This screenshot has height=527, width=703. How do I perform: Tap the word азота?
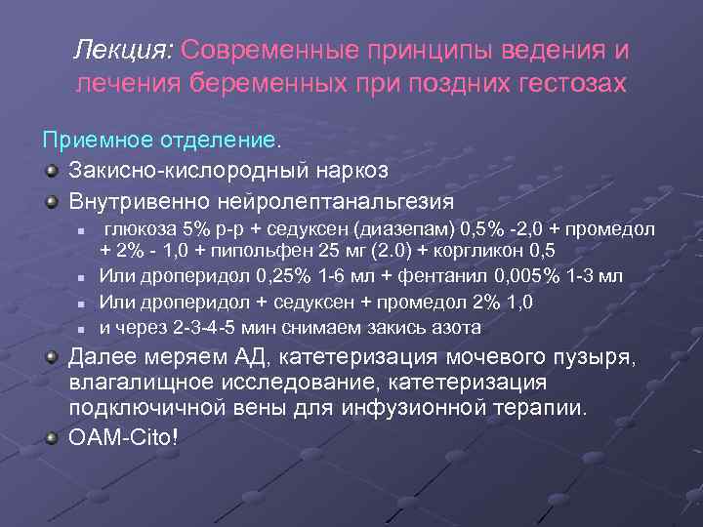click(x=453, y=327)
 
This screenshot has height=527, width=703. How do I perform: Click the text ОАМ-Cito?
click(x=123, y=436)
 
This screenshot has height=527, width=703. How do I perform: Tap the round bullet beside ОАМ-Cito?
click(x=52, y=435)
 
